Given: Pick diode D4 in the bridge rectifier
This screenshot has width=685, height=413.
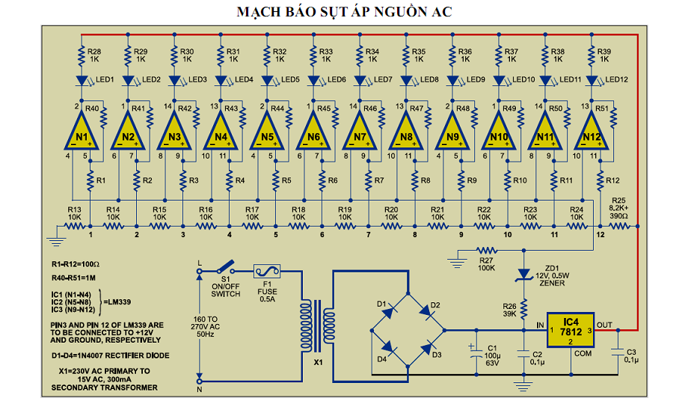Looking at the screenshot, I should point(388,349).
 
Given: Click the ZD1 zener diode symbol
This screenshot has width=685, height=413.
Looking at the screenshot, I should point(523,278).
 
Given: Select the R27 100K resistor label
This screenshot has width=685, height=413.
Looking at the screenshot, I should point(487,262).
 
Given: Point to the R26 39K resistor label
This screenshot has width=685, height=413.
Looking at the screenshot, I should point(509,308).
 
